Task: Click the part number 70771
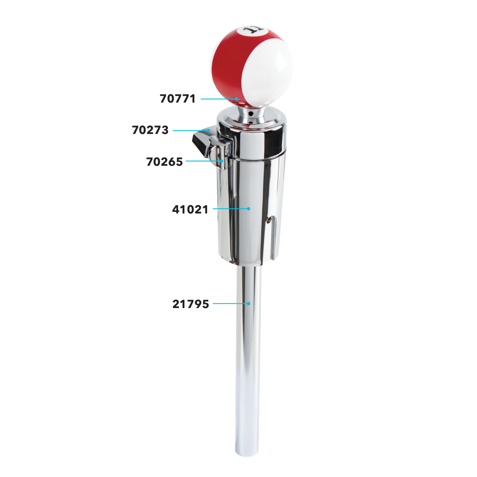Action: click(x=178, y=99)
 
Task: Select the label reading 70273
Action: click(x=150, y=130)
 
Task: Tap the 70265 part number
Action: click(x=165, y=162)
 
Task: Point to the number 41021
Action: click(x=190, y=209)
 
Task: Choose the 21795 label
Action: click(x=190, y=304)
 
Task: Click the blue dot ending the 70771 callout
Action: click(x=236, y=99)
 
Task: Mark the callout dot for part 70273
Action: click(x=208, y=130)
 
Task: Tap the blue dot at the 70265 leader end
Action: click(x=222, y=161)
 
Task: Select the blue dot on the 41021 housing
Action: click(x=248, y=208)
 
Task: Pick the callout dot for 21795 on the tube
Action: click(x=248, y=303)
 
